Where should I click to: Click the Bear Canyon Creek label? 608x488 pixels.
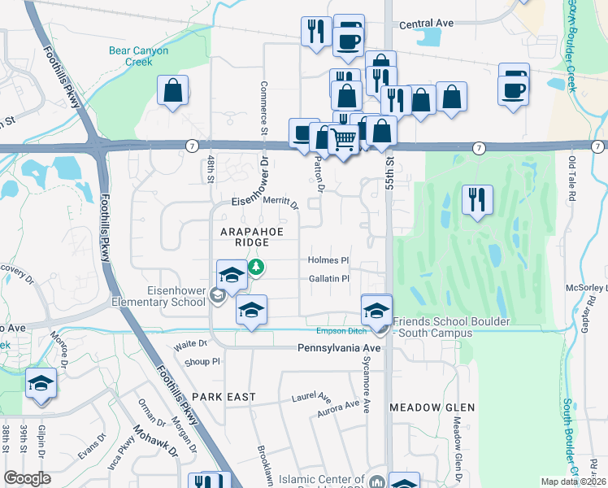[x=138, y=56]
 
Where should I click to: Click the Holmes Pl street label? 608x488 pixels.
[x=328, y=260]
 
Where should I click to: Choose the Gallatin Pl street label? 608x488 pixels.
[x=328, y=278]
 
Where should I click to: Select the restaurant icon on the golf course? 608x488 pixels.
[x=477, y=198]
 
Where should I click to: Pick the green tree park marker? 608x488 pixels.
[x=257, y=267]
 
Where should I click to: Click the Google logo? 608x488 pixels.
[x=27, y=478]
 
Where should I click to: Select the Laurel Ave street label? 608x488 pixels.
[x=312, y=399]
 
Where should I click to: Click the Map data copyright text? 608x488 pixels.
[x=572, y=481]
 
